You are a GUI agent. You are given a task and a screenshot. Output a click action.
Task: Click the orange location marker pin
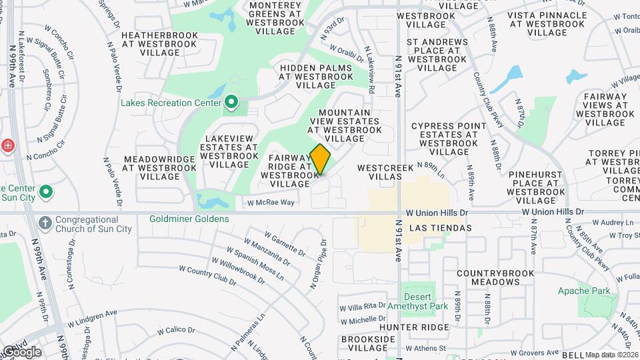(321, 159)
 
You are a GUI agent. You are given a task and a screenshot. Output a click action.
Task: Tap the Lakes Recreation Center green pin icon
(231, 102)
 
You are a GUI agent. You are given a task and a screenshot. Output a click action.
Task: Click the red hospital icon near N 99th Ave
(7, 145)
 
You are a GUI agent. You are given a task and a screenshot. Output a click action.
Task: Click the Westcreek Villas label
(385, 168)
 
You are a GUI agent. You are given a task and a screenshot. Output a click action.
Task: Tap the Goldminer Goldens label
(189, 219)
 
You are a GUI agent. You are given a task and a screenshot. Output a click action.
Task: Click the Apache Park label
(584, 291)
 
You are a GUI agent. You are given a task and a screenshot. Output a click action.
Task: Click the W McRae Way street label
(271, 203)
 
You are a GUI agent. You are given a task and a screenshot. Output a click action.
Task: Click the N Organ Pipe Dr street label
(319, 264)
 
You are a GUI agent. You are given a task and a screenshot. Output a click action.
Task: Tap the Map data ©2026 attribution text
(611, 355)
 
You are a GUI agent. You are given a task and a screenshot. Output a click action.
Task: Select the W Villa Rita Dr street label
(363, 307)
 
